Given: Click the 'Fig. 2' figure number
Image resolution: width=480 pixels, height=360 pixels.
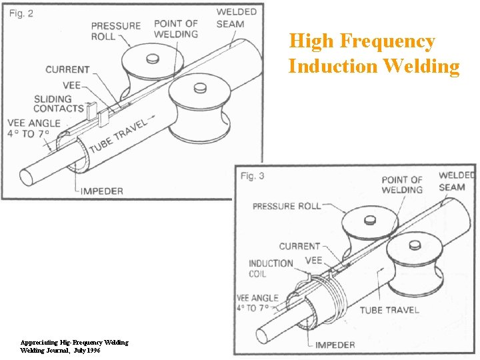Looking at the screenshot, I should click(21, 14).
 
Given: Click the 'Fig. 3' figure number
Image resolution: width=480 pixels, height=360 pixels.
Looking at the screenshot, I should click(253, 175).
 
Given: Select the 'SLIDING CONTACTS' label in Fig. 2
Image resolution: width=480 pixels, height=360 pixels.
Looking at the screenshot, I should click(58, 104).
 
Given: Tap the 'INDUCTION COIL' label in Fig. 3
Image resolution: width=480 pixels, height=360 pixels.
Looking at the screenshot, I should click(271, 269).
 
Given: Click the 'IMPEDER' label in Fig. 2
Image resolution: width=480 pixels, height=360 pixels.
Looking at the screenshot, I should click(101, 191).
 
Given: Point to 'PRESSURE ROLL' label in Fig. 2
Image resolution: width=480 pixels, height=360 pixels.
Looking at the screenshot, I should click(116, 31).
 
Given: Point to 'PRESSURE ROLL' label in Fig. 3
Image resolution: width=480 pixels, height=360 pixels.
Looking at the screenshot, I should click(286, 206).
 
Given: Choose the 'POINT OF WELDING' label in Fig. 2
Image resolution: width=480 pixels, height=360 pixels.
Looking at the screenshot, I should click(176, 29).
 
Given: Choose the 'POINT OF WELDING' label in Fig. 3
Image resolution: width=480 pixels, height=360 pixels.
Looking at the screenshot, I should click(402, 185).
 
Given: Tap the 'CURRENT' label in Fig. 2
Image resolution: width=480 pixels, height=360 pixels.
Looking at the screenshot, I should click(67, 69).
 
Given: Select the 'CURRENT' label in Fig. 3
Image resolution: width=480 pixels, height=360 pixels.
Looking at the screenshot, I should click(299, 246).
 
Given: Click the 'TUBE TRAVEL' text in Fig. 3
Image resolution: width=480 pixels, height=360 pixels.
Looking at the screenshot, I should click(389, 309).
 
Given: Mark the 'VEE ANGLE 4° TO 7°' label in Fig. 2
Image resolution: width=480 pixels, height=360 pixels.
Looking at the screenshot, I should click(33, 129).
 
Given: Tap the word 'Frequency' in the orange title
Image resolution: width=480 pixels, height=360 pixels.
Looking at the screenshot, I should click(387, 41).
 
